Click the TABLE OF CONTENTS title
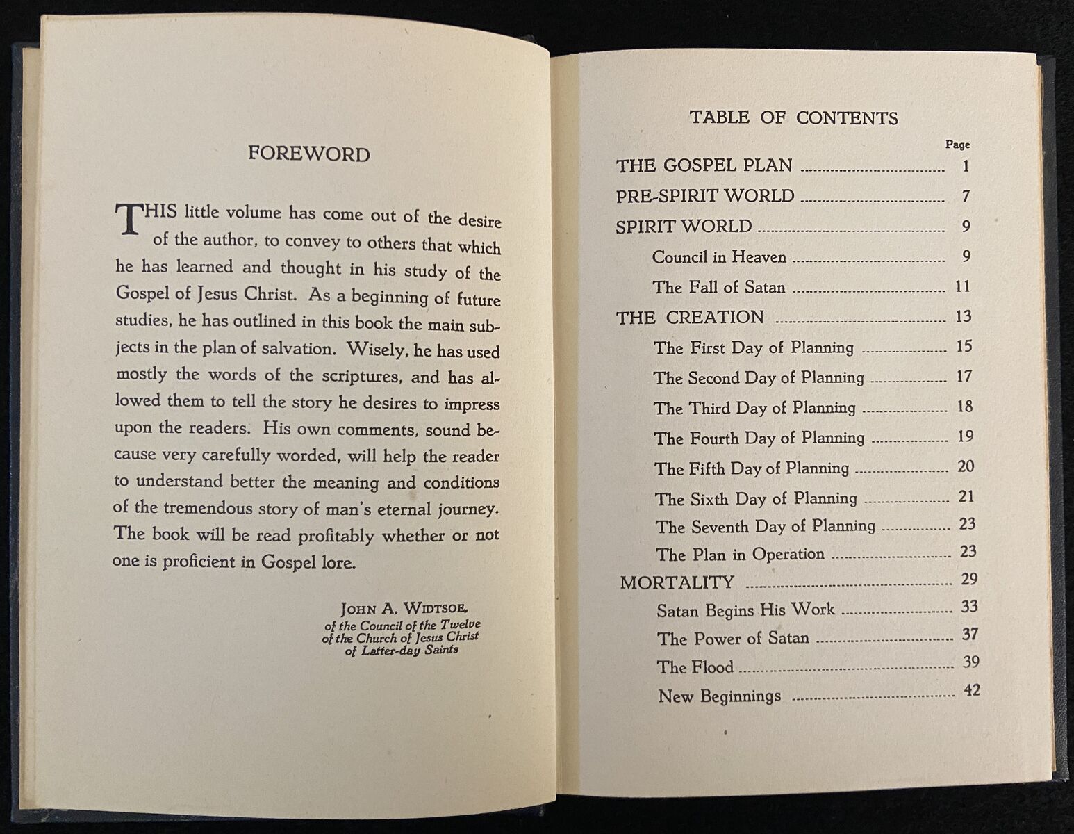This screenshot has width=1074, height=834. (x=793, y=117)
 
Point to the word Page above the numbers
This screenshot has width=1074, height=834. (x=957, y=145)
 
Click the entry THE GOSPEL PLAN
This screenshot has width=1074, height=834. (x=704, y=165)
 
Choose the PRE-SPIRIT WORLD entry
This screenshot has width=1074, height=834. (x=704, y=196)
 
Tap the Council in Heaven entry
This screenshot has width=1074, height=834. (x=719, y=257)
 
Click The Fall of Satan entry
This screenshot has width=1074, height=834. (x=718, y=287)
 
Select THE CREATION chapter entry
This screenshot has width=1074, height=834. (x=690, y=318)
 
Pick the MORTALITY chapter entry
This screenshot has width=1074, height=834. (x=677, y=582)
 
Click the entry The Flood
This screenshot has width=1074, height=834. (x=695, y=667)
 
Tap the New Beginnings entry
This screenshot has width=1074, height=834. (x=719, y=696)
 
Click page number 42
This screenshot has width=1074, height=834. (x=970, y=691)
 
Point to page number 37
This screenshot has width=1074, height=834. (x=969, y=634)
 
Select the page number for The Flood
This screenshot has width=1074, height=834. (x=970, y=662)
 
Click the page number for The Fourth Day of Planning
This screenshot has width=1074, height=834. (x=966, y=436)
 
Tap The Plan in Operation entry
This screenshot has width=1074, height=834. (x=740, y=555)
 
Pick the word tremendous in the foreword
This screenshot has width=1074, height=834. (x=208, y=507)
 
